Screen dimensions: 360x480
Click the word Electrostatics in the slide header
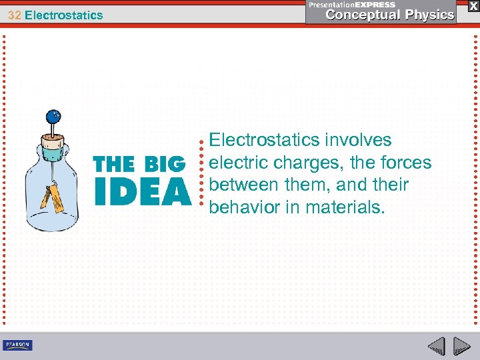[64, 15]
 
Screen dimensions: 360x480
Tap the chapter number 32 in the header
[13, 15]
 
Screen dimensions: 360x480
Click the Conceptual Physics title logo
[390, 15]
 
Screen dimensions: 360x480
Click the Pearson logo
[17, 345]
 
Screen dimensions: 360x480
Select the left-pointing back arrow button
[436, 346]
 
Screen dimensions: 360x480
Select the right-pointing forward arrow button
[461, 346]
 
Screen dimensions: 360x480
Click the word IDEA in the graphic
[142, 191]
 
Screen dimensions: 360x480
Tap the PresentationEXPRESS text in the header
[352, 5]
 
